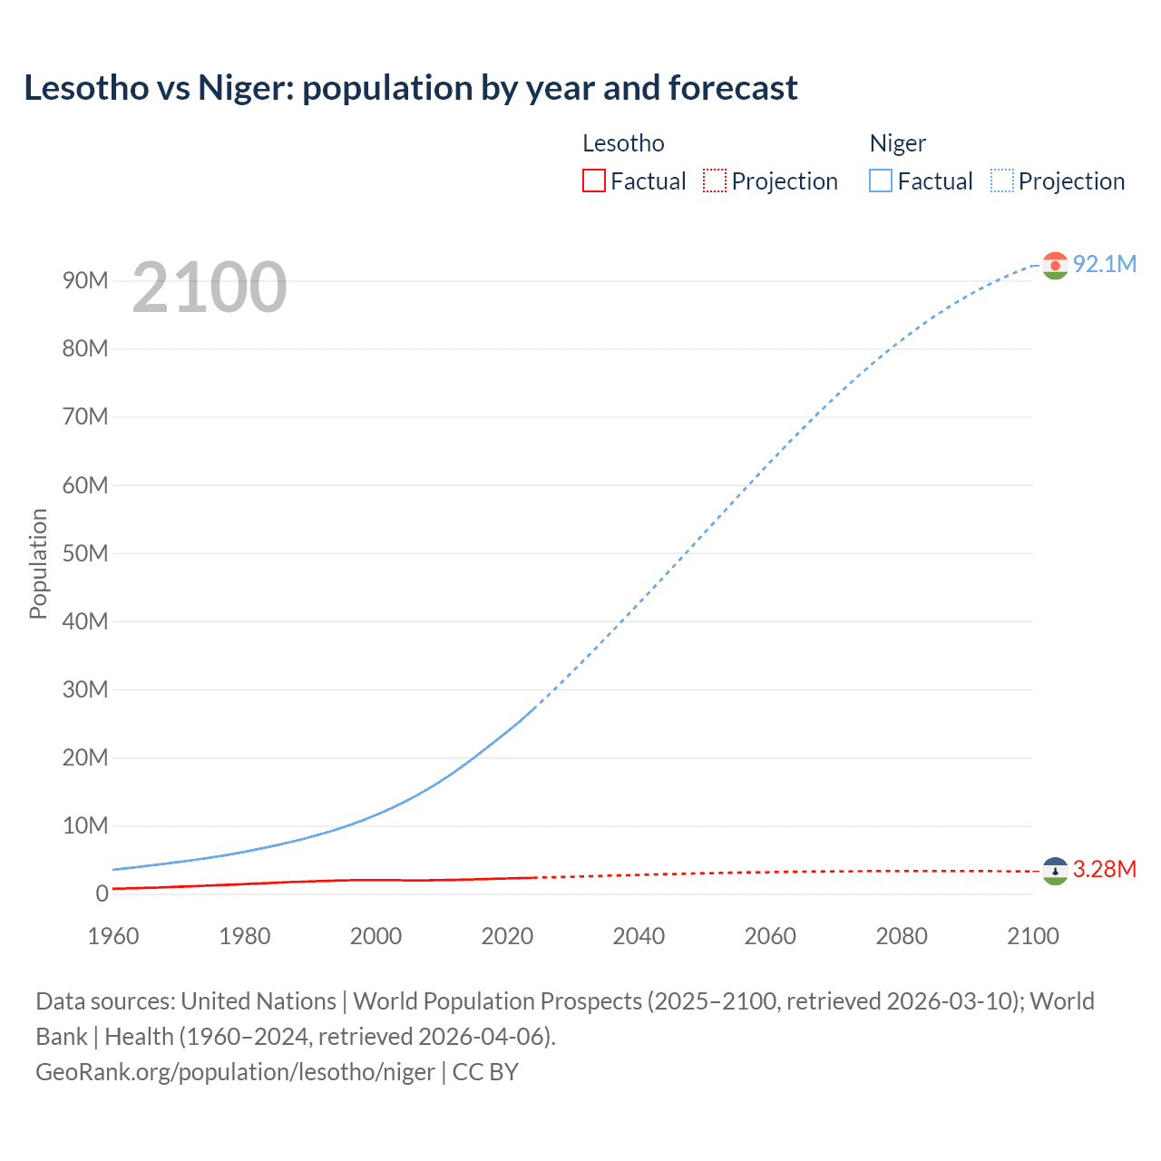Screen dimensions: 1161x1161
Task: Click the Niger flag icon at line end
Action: click(1054, 265)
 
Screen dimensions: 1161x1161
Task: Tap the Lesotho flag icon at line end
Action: click(1054, 871)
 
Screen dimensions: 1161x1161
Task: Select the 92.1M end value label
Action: click(1104, 264)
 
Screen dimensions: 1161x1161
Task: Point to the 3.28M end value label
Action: click(1104, 869)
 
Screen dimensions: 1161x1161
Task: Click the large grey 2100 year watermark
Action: click(210, 288)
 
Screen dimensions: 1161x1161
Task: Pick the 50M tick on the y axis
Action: click(85, 553)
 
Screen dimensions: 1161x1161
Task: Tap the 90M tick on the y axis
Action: click(85, 280)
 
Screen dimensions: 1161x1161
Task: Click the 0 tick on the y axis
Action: click(102, 893)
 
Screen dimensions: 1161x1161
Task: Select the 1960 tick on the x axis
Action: click(113, 936)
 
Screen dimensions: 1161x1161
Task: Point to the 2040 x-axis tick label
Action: click(639, 936)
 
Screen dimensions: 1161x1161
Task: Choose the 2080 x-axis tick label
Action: click(901, 936)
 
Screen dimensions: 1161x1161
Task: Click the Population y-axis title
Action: click(38, 563)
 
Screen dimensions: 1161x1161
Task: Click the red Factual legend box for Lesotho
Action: click(594, 181)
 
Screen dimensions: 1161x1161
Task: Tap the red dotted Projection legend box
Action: click(715, 181)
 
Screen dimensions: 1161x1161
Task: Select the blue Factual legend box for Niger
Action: click(881, 181)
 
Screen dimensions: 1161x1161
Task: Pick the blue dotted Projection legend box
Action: click(1002, 181)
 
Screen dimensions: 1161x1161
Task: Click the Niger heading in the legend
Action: click(897, 143)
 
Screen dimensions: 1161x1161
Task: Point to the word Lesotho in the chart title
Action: click(86, 88)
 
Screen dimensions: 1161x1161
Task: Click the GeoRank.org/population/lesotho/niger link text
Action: click(235, 1072)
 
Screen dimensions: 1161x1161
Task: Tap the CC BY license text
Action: click(485, 1072)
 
